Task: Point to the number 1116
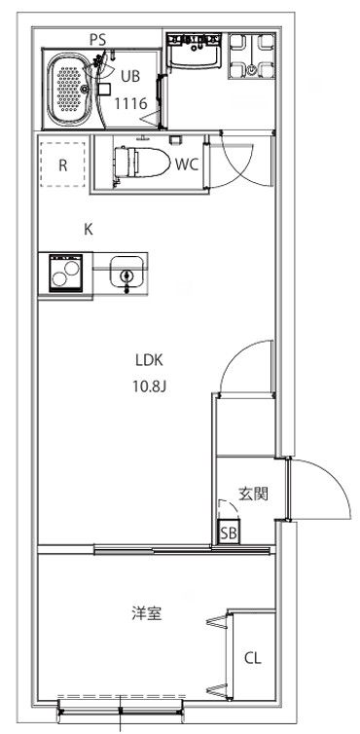(130, 102)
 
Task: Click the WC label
(187, 164)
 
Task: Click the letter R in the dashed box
(62, 164)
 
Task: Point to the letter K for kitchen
(88, 230)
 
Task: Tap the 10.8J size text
(151, 385)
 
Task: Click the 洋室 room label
(147, 613)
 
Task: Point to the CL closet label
(253, 659)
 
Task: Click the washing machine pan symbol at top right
(252, 56)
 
